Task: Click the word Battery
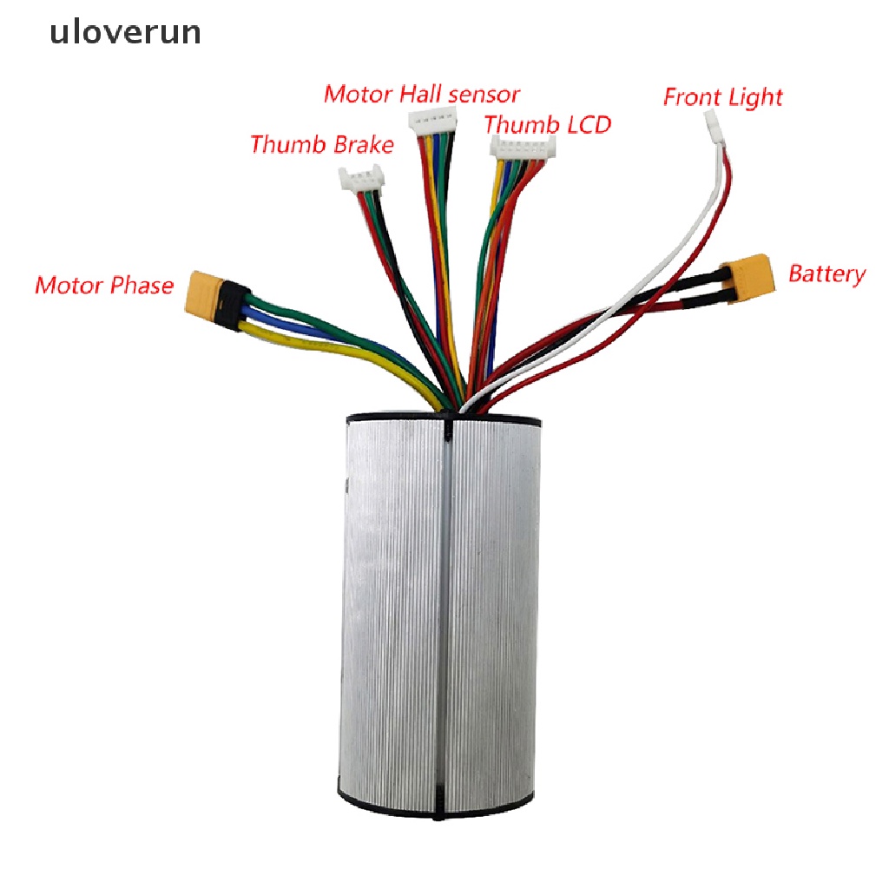point(826,274)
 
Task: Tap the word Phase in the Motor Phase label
point(142,285)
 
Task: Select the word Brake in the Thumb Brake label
point(361,144)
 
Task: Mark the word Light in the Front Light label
point(754,97)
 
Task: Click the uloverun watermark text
point(124,33)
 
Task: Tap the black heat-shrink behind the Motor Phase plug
point(231,306)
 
